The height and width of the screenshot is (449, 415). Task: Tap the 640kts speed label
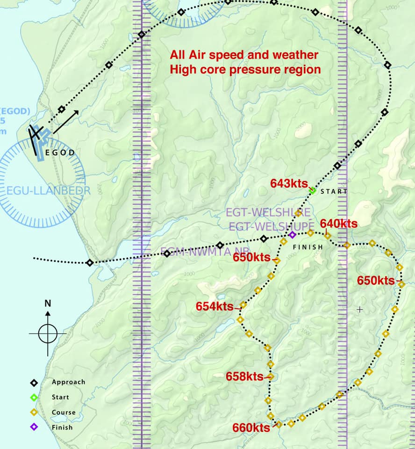339,224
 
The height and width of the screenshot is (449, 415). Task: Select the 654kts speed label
215,307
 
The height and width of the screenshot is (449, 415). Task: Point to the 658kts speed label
244,377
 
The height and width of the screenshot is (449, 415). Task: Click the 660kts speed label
251,428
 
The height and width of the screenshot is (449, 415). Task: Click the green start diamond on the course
312,190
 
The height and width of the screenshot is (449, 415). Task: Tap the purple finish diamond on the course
292,234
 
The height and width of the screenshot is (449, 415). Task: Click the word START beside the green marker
334,192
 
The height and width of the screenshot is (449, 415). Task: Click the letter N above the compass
48,303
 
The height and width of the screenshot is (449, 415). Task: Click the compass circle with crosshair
48,333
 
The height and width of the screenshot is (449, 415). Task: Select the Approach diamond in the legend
34,383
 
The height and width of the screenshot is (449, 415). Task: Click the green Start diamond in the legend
34,397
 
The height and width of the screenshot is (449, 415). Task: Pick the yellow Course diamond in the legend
34,413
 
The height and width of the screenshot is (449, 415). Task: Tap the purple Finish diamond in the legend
34,427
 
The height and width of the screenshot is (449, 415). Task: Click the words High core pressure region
245,70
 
